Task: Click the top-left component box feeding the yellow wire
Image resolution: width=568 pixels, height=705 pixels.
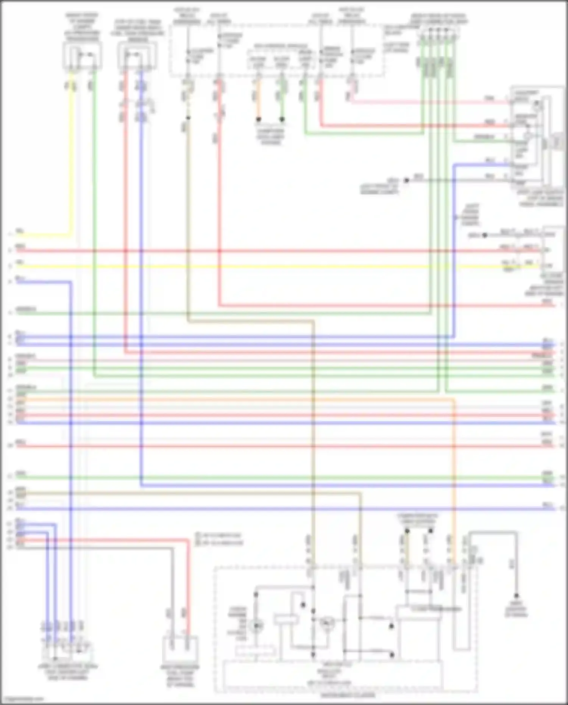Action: pos(83,56)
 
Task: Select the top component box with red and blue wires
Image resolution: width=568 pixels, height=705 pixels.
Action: pos(137,56)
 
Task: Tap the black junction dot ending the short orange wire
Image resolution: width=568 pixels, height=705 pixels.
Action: pos(259,119)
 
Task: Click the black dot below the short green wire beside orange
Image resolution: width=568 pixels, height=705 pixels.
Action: pos(282,119)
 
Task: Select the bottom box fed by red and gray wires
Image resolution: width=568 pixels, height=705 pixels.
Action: pos(180,650)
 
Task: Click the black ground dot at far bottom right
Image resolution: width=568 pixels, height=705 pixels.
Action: pos(516,595)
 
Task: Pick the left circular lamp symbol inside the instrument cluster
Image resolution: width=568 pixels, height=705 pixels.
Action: pos(256,626)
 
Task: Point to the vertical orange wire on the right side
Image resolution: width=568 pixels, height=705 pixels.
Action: pos(454,474)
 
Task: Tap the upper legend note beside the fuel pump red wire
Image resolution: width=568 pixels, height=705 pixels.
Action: pos(220,536)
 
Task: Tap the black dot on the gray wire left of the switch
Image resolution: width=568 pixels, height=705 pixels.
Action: pos(406,180)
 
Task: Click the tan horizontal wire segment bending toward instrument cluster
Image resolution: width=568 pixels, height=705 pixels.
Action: pos(250,322)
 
